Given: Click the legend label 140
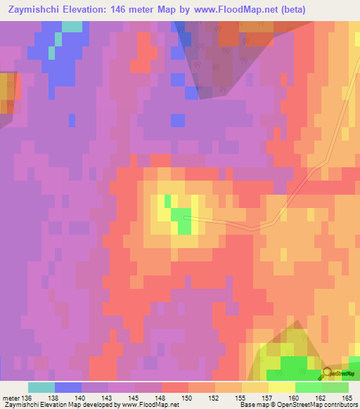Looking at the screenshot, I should click(81, 398).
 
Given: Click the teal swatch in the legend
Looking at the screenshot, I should click(41, 387).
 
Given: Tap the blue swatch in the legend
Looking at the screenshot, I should click(67, 387).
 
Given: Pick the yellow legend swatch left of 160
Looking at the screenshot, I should click(281, 387).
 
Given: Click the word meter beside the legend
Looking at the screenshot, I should click(10, 398).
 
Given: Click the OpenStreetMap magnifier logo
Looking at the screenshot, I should click(327, 373).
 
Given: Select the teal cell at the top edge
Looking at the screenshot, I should click(72, 27).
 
